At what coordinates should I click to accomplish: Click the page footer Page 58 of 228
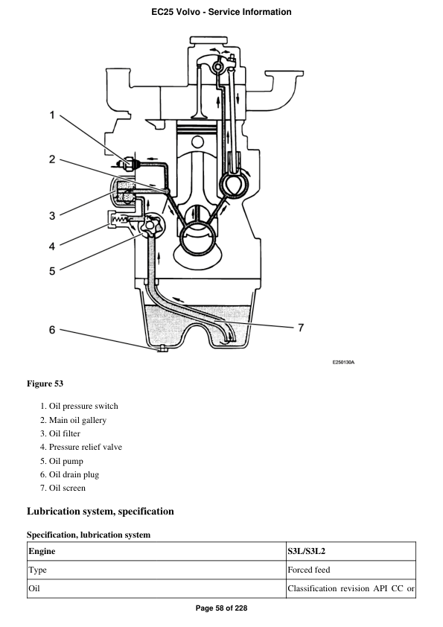pyautogui.click(x=221, y=608)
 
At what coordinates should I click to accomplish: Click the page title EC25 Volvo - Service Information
pyautogui.click(x=221, y=12)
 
